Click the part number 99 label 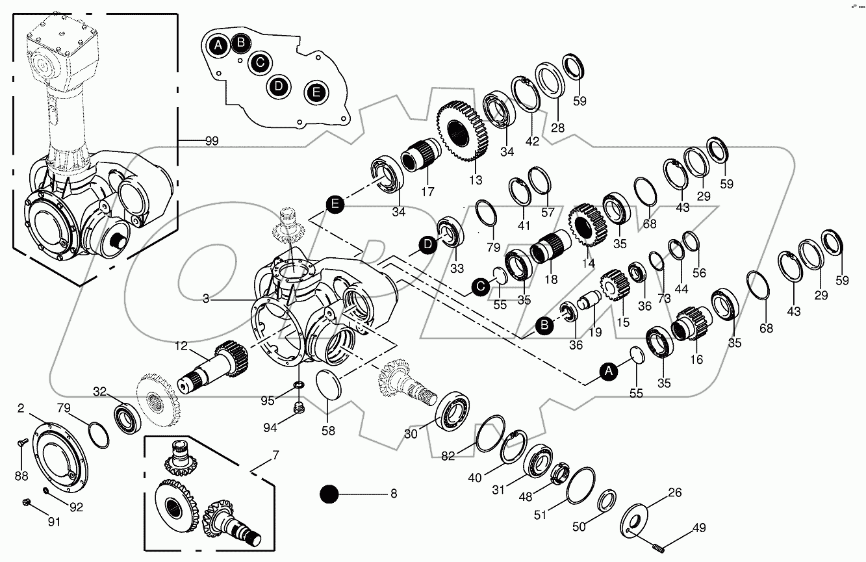212,140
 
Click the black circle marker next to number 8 330,495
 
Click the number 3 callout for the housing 206,299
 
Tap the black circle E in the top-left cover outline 316,92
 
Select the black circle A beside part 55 608,370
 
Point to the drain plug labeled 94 299,408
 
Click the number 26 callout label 675,493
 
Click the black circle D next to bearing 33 427,245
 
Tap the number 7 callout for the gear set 275,455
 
